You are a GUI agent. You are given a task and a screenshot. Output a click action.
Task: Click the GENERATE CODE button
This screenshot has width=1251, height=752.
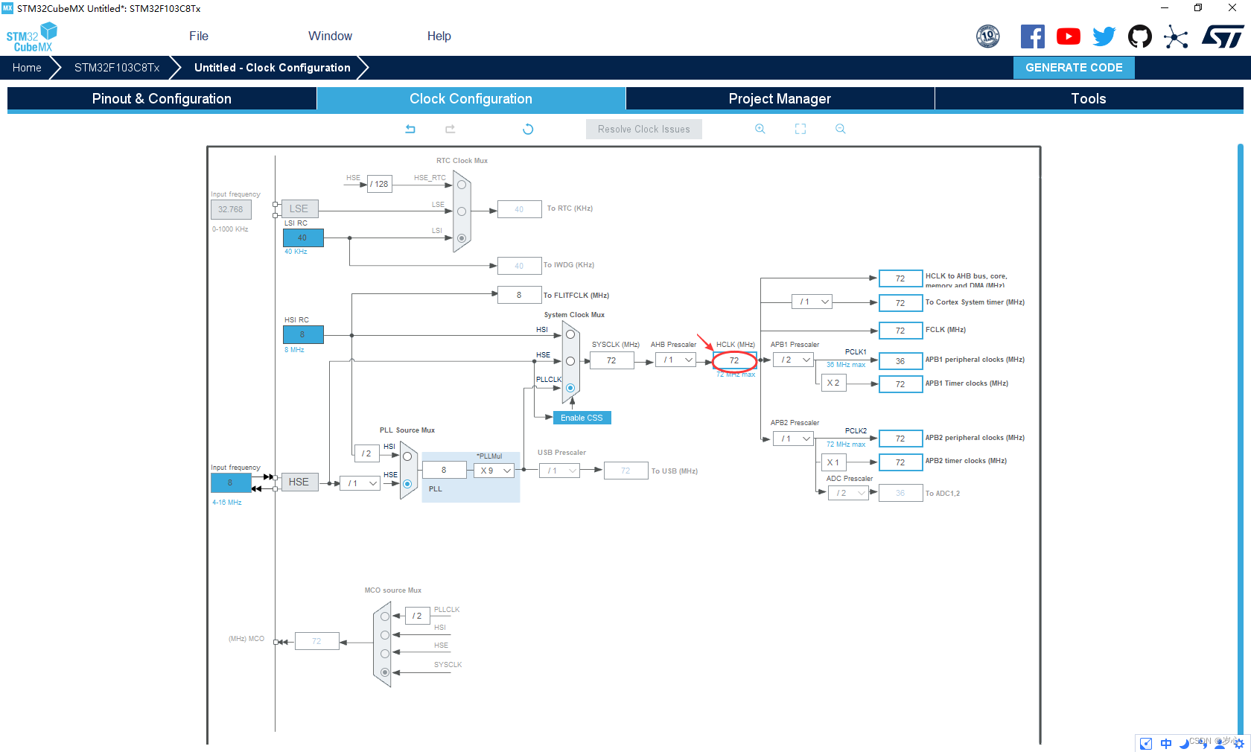[x=1073, y=68]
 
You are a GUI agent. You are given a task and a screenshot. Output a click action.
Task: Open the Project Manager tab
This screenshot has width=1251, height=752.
[x=779, y=99]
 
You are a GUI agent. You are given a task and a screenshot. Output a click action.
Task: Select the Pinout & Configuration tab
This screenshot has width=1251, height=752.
[x=162, y=99]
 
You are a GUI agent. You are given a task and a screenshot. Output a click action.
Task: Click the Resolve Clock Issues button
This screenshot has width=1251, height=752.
[x=643, y=130]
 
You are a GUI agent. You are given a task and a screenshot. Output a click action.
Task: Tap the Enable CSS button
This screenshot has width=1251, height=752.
[x=582, y=418]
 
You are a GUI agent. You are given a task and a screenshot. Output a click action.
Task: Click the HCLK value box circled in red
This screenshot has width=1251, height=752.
[x=734, y=361]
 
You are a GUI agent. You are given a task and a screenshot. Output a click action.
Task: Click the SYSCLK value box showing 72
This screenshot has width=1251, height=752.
[x=611, y=361]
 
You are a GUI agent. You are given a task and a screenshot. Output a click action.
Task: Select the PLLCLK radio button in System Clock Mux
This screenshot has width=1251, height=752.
[x=570, y=388]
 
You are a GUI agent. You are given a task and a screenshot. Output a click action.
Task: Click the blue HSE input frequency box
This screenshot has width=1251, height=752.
[x=230, y=483]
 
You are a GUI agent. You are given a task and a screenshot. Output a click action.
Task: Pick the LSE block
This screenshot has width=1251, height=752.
[x=299, y=209]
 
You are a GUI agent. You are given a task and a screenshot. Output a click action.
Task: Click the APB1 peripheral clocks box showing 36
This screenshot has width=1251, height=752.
[x=900, y=362]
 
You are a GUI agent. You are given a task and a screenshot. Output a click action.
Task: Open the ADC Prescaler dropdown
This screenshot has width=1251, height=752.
[x=849, y=494]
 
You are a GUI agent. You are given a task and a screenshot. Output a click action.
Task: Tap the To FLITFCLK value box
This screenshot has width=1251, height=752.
[x=519, y=296]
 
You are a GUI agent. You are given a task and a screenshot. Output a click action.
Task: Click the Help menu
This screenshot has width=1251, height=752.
[x=439, y=36]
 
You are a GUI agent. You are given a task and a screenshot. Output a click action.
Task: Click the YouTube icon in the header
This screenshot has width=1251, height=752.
[x=1068, y=36]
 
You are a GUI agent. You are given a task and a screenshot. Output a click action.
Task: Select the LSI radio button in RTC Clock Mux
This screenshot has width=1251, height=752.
[x=462, y=238]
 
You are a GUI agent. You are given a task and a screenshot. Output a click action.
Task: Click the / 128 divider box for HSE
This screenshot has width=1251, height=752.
[x=380, y=184]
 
